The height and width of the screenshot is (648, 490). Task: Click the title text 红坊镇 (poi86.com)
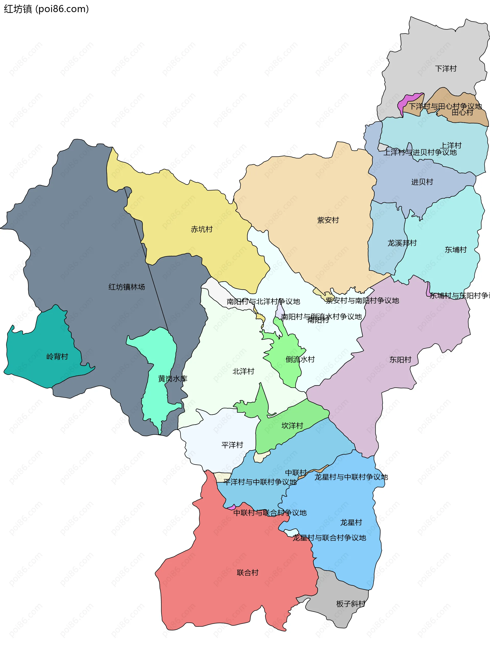point(46,9)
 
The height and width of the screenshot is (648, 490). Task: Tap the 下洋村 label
point(446,69)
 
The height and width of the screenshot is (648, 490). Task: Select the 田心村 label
point(462,113)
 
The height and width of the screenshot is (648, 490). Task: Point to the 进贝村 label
point(422,182)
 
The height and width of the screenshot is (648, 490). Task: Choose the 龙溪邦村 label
point(402,243)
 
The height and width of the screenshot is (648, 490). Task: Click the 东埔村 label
point(456,250)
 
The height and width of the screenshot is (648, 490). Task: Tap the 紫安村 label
point(328,220)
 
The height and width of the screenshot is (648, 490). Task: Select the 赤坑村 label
point(202,229)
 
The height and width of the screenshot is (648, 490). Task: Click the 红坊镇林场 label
point(127,287)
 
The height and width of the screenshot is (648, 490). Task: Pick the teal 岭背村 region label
point(57,357)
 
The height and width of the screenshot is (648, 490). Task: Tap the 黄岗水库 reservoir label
point(173,379)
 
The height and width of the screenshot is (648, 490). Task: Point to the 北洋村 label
point(243,371)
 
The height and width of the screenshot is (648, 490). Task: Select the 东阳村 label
point(400,360)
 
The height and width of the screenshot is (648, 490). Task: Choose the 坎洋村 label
point(292,426)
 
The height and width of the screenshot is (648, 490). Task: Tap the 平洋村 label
point(232,445)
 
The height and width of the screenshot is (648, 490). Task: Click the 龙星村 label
point(351,522)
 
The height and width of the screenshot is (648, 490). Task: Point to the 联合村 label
point(248,572)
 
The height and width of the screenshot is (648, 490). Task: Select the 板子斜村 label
point(350,604)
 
